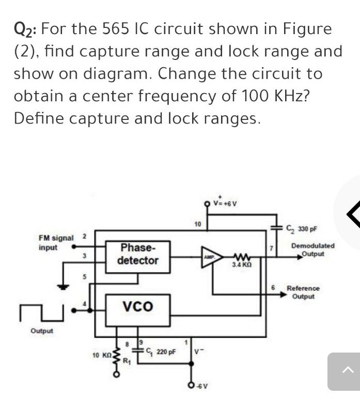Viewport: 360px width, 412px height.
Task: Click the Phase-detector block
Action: (x=137, y=254)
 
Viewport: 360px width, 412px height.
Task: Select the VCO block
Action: (x=137, y=306)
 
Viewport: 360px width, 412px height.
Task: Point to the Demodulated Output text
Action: (x=312, y=250)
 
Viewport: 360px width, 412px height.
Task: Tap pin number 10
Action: (x=197, y=224)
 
